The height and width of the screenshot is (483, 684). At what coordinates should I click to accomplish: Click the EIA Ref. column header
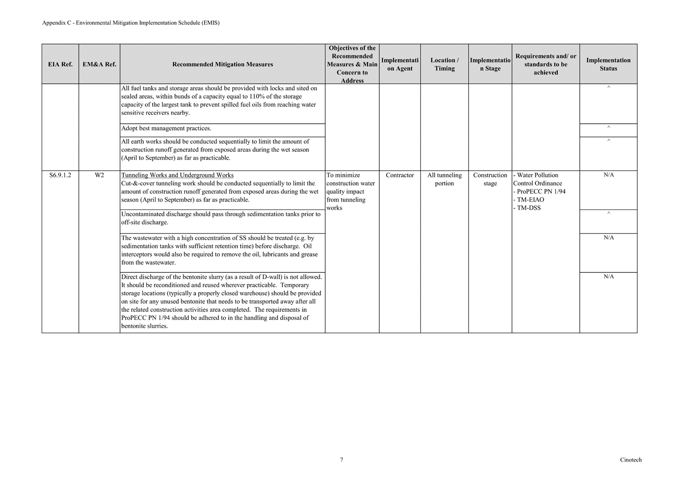tap(60, 64)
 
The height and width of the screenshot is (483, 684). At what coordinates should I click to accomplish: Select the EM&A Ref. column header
tap(99, 64)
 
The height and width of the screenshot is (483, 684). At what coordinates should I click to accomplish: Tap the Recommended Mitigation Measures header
tap(222, 64)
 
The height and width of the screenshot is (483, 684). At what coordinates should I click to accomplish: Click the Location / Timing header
tap(444, 64)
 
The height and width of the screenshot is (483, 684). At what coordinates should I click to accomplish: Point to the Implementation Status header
tap(608, 64)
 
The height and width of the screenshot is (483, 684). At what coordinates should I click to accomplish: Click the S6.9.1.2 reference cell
tap(60, 175)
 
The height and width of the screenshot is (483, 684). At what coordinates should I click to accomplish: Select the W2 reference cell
tap(99, 175)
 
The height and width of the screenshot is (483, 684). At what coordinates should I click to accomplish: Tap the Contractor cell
tap(400, 175)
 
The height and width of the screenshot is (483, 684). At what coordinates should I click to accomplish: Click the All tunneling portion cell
tap(444, 179)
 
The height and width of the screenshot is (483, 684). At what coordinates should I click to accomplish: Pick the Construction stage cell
tap(490, 179)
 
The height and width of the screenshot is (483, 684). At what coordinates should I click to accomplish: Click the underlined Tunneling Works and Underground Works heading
tap(177, 175)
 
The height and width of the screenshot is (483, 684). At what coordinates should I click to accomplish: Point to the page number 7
tap(342, 460)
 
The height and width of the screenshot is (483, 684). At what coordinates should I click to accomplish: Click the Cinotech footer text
tap(631, 460)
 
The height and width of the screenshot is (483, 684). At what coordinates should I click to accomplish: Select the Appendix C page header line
tap(131, 23)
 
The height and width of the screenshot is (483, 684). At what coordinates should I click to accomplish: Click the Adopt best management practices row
tap(166, 129)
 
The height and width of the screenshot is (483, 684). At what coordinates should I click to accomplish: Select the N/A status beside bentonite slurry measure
tap(608, 277)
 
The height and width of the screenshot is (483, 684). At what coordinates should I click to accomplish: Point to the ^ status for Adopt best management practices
tap(608, 128)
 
